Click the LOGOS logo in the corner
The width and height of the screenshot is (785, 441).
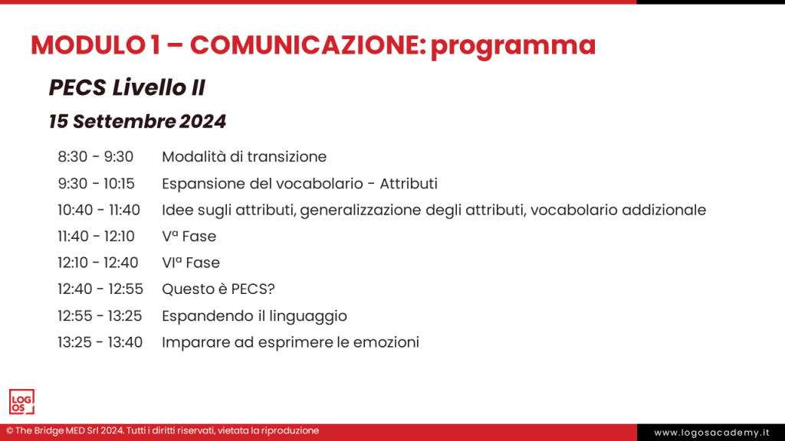pos(21,402)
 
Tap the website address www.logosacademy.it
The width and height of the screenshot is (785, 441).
pos(711,433)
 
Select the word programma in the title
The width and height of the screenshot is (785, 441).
pos(513,46)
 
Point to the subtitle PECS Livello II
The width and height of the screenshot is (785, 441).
pos(126,88)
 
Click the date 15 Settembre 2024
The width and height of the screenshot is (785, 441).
pos(137,122)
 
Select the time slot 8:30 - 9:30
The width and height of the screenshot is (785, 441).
pos(95,157)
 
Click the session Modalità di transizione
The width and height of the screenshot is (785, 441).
pos(244,157)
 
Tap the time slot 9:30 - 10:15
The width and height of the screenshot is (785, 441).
pos(96,184)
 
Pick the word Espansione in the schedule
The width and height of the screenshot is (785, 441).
pos(199,184)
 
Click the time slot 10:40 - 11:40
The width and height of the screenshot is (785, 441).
pos(99,210)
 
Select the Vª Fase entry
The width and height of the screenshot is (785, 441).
pos(189,237)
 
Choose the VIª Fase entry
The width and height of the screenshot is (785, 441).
pos(190,263)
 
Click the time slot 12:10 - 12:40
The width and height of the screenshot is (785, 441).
pos(97,263)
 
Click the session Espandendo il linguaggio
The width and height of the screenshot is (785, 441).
pos(254,316)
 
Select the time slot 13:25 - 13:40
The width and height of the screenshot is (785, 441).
pos(100,342)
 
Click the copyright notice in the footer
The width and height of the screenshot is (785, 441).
pos(163,431)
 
